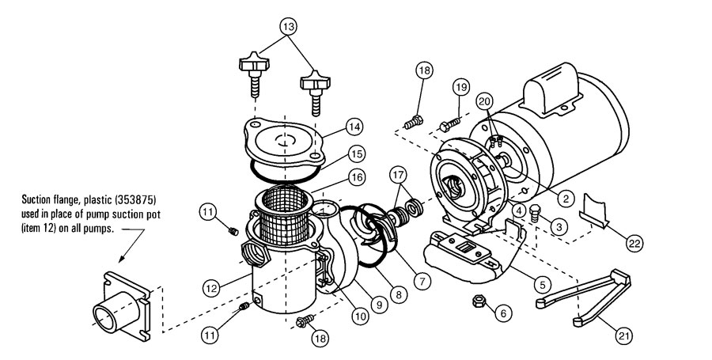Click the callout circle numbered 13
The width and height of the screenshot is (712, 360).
point(290,25)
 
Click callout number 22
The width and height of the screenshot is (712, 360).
point(634,244)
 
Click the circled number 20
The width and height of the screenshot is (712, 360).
point(486,100)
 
